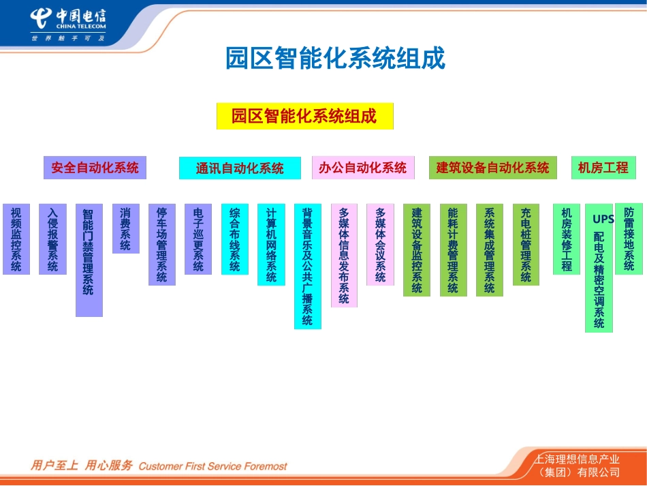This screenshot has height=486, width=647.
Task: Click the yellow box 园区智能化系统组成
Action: tap(304, 116)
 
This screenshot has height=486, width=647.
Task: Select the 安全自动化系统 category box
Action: tap(95, 168)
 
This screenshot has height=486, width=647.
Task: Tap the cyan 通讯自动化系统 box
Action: tap(240, 168)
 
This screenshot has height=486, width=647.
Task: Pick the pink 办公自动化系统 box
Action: tap(362, 168)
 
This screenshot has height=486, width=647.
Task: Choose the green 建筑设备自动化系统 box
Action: tap(492, 168)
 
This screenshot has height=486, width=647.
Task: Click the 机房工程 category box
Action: tap(603, 168)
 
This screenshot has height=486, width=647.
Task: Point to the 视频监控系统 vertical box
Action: tap(16, 239)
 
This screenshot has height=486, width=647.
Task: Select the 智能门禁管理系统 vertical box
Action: tap(89, 260)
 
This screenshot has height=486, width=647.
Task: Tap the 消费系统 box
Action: tap(125, 228)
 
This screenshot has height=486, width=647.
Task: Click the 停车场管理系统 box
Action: tap(162, 244)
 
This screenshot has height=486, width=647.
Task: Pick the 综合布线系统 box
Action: tap(235, 239)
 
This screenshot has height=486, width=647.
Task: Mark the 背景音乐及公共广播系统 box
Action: tap(307, 266)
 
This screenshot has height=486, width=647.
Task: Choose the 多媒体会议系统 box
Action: tap(380, 244)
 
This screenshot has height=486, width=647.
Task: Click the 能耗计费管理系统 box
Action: tap(453, 249)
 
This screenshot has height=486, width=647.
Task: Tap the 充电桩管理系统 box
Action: tap(526, 244)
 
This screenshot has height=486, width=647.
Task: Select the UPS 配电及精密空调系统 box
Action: tap(599, 268)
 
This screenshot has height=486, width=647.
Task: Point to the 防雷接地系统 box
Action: tap(629, 239)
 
